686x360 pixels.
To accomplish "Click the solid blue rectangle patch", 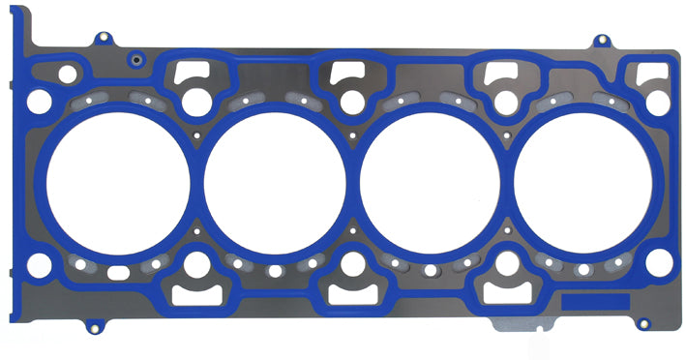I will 585,300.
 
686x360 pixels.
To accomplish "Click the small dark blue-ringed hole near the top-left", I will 136,60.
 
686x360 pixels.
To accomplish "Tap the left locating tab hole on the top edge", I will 102,39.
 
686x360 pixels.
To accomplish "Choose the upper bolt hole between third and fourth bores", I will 506,98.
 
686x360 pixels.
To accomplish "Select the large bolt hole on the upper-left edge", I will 39,100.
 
